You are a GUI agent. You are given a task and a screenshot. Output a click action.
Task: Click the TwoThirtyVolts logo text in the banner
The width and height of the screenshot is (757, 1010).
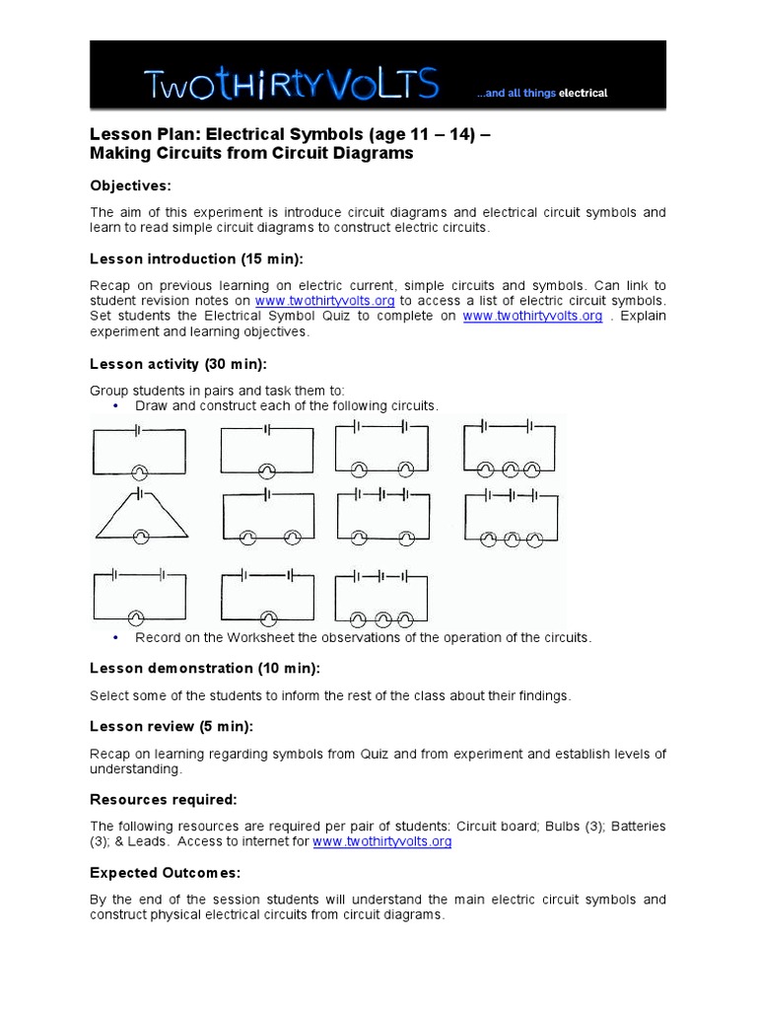coord(292,85)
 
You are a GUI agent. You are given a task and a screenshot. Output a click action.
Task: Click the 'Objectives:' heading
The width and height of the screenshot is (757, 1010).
coord(131,184)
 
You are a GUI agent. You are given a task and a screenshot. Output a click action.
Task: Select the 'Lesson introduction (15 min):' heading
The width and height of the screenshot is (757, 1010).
coord(197,259)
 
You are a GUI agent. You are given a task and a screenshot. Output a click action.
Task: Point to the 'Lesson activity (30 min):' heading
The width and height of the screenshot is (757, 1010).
coord(178,364)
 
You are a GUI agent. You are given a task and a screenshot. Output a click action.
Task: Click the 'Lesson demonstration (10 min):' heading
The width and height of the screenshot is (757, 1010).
coord(205,669)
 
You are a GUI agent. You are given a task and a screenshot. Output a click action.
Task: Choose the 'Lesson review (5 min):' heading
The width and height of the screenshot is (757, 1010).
coord(172,726)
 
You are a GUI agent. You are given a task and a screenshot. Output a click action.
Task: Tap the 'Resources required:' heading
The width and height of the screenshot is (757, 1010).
coord(164,799)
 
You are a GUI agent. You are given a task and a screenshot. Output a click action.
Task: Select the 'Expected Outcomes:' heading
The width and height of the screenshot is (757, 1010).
coord(166,873)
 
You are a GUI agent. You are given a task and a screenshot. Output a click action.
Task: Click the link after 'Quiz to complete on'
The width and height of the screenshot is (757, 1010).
coord(532,316)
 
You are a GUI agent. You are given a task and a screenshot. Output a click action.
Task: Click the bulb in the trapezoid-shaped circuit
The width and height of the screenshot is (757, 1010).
coord(140,536)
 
